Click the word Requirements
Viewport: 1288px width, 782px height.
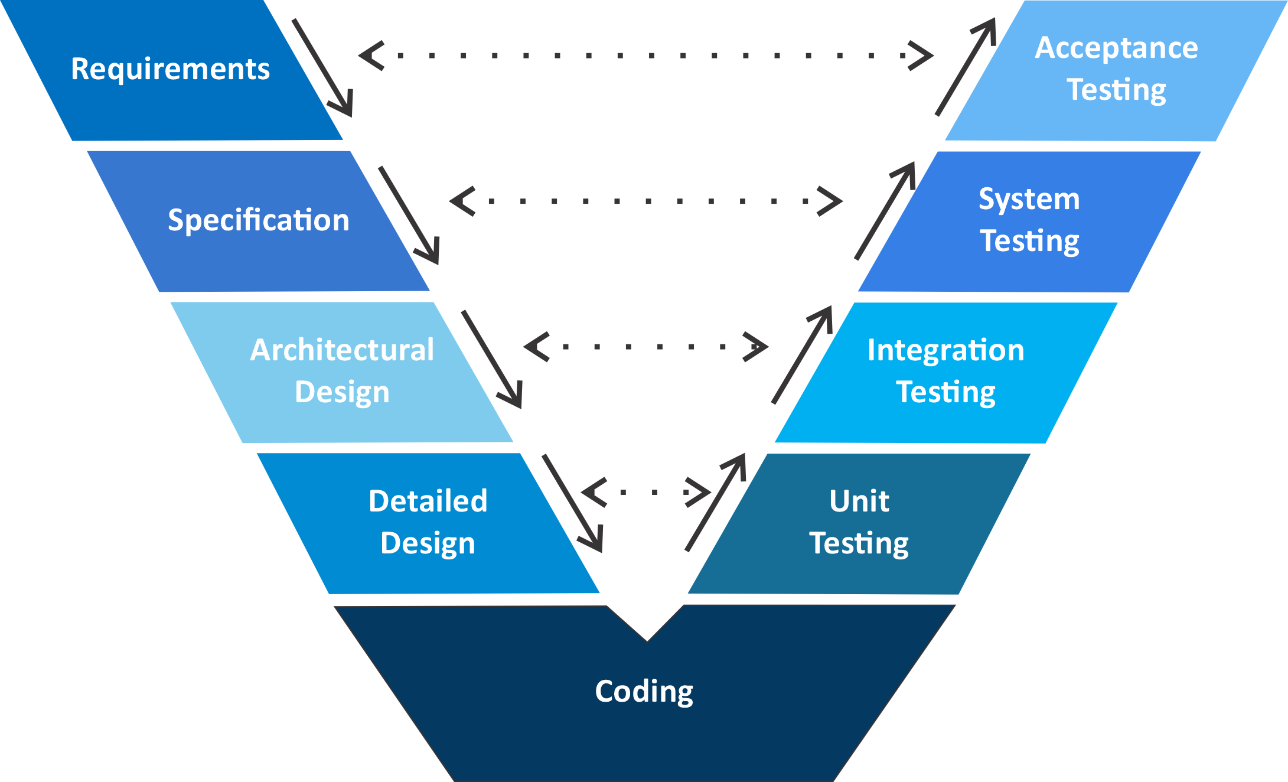click(x=170, y=69)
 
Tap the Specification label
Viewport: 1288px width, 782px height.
click(x=259, y=220)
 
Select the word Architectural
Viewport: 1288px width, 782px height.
click(x=342, y=350)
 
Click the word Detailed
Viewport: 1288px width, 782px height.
click(x=428, y=501)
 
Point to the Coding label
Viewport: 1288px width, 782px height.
click(x=644, y=691)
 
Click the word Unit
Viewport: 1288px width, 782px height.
click(x=859, y=501)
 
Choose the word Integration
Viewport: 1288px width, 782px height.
click(x=945, y=350)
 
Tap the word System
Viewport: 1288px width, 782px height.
click(x=1029, y=199)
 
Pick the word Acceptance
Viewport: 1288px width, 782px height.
click(x=1116, y=48)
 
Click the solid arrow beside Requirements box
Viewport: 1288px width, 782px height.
click(x=322, y=67)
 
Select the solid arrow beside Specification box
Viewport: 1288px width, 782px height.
click(x=409, y=215)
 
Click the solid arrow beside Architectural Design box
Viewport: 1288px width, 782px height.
click(x=492, y=359)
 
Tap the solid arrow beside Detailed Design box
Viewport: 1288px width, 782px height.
click(x=572, y=503)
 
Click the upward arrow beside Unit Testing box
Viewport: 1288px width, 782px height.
click(x=716, y=503)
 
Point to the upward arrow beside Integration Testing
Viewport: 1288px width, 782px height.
click(x=802, y=356)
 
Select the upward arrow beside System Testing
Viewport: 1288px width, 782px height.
click(x=885, y=211)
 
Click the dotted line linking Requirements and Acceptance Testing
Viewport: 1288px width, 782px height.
click(x=646, y=56)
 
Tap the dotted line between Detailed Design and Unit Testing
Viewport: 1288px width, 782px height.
click(x=646, y=492)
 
